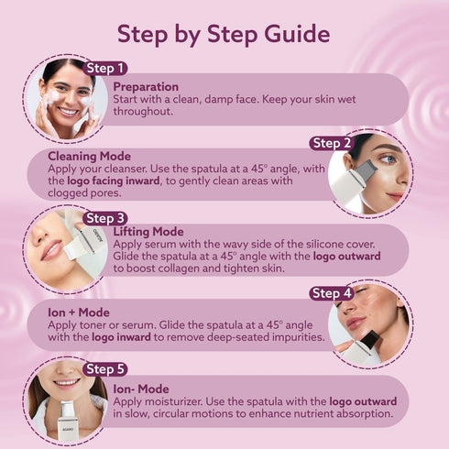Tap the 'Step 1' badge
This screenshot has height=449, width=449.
pos(104,68)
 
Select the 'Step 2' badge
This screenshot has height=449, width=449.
pos(332,143)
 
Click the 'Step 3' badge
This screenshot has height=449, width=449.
pos(105,218)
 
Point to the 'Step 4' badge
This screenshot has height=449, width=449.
pos(332,293)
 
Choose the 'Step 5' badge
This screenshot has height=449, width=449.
pos(105,368)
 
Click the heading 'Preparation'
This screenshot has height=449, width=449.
pos(146,86)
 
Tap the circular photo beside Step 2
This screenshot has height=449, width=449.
pos(368,173)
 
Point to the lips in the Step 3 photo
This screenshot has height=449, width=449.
pos(49,248)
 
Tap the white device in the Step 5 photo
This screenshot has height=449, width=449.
pos(67,423)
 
